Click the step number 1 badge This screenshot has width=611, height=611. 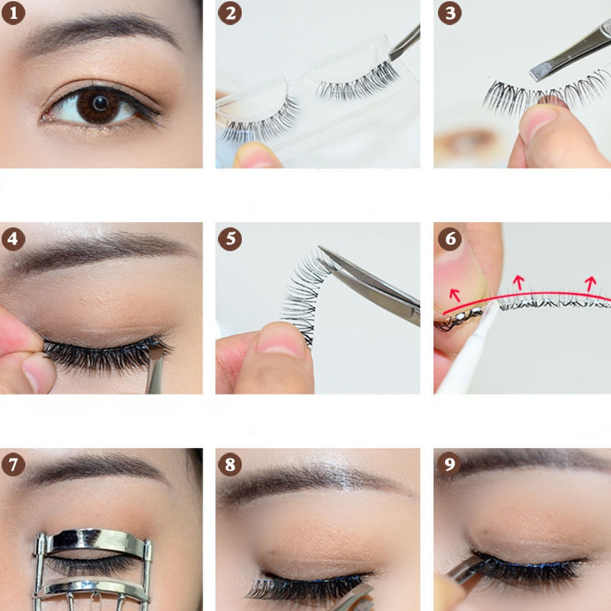[x=13, y=13]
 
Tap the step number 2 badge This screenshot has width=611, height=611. [x=230, y=13]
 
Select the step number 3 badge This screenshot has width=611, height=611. [x=450, y=13]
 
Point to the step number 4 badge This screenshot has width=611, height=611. [x=13, y=239]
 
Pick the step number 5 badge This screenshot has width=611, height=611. [x=230, y=239]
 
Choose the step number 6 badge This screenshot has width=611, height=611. [x=450, y=239]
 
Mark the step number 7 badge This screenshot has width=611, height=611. [x=13, y=465]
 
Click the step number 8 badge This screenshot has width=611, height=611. [x=230, y=465]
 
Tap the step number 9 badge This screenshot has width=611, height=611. [x=450, y=465]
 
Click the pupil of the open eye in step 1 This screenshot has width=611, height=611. [x=101, y=103]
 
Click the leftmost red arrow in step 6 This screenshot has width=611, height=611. [x=455, y=295]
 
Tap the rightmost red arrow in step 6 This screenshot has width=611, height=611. [x=590, y=284]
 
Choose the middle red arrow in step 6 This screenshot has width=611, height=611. [x=518, y=283]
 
